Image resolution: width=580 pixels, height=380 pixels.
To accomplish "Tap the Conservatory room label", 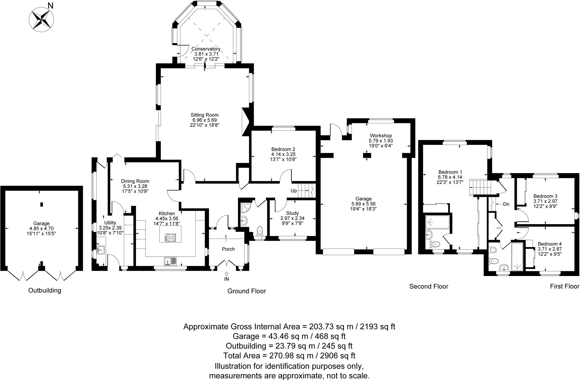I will click(x=206, y=49).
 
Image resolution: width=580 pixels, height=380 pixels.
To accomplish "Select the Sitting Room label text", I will click(x=204, y=115).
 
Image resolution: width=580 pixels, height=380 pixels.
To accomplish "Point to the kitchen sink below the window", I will click(x=170, y=261).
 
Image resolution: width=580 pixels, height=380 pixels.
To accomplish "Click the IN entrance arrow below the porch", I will click(x=226, y=274).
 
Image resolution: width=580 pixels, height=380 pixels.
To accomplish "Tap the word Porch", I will click(x=228, y=249).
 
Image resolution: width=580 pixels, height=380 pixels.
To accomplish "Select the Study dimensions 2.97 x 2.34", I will click(x=292, y=218).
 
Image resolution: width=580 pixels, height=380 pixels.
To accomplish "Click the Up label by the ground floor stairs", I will click(x=294, y=191).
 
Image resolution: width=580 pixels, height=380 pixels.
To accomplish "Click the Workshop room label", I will click(x=381, y=135).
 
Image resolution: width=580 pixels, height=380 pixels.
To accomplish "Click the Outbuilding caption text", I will click(x=45, y=290).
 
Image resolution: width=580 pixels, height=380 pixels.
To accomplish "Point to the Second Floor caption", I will click(x=428, y=286).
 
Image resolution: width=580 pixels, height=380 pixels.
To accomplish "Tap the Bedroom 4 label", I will click(x=549, y=244).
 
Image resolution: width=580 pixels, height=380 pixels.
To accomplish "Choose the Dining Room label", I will click(x=135, y=181).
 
